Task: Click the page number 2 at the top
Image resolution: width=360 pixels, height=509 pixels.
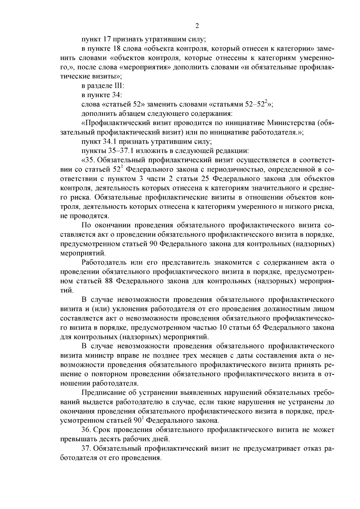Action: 197,26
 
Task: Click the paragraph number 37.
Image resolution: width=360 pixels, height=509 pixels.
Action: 86,449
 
